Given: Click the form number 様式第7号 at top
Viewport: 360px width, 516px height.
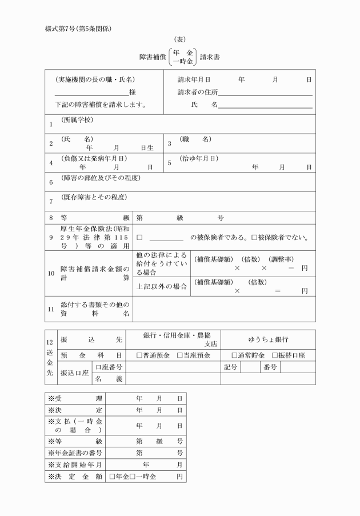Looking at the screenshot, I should (60, 29).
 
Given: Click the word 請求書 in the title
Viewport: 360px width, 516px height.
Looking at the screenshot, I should (211, 57).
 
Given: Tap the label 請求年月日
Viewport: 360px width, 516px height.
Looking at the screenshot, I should (194, 80).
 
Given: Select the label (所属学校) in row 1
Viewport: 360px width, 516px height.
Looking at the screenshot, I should (77, 120).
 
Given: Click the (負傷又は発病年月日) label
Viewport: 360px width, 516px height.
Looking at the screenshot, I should (94, 158).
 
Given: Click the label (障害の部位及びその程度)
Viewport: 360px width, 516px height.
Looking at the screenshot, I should (101, 178).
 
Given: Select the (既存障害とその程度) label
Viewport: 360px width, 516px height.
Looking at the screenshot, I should (94, 198).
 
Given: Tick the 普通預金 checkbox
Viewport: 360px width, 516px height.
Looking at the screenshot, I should (139, 355).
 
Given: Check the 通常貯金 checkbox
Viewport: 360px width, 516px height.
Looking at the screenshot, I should (234, 355).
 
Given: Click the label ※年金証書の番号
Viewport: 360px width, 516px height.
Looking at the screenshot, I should (75, 453).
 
